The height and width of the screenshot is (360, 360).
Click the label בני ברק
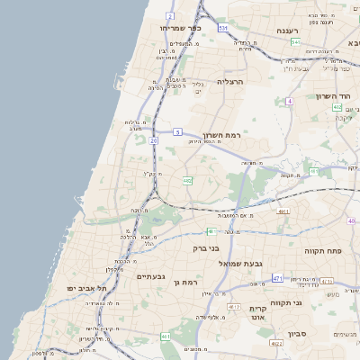tap(207, 247)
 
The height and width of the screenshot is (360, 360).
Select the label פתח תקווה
tap(319, 250)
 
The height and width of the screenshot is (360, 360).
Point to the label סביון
tap(299, 333)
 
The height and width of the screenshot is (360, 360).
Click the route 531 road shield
tap(222, 28)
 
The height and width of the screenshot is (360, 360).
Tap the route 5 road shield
tap(177, 132)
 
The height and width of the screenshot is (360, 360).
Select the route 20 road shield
tap(154, 141)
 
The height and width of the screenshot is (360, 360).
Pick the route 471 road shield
tap(277, 279)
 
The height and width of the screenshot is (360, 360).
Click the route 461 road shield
tap(166, 337)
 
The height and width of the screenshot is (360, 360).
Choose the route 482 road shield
tap(187, 181)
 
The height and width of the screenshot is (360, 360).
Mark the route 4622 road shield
tap(276, 342)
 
